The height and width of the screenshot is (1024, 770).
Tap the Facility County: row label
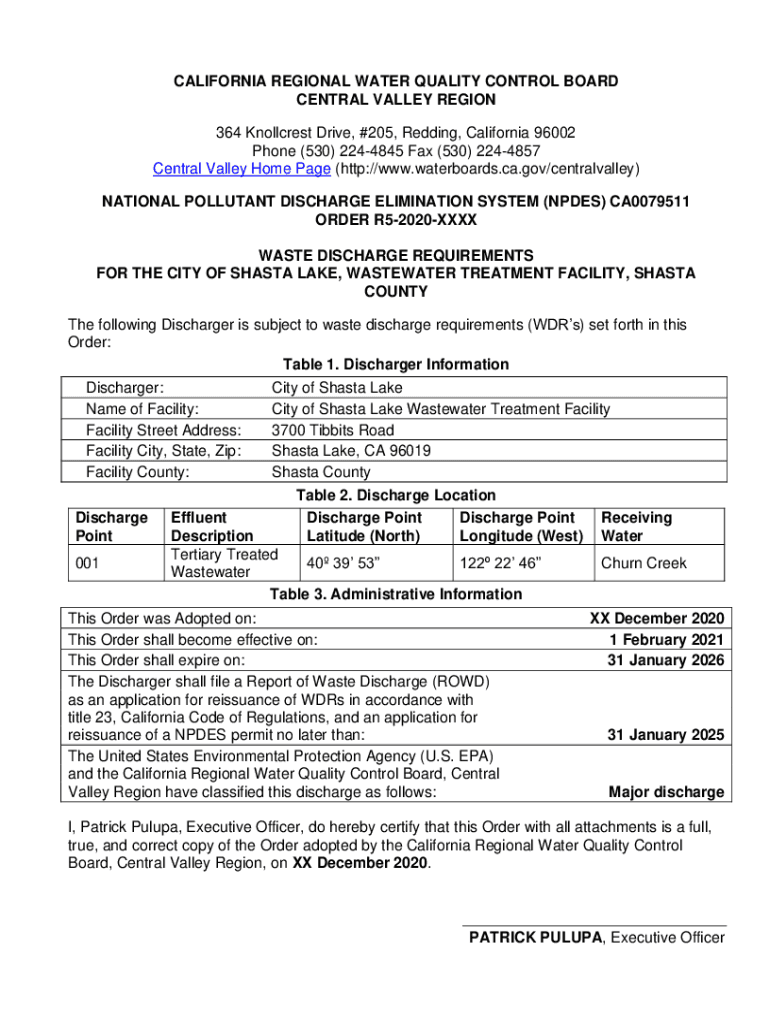138,472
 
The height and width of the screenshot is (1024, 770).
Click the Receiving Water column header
636,527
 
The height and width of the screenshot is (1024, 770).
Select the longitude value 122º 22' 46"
501,563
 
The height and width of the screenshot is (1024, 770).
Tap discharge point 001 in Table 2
88,563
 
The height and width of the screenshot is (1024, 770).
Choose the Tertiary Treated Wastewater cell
224,563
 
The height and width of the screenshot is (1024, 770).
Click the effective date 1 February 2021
666,640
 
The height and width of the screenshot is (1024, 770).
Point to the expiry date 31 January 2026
666,661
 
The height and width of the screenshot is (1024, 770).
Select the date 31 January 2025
666,736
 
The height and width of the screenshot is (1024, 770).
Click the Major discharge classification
666,793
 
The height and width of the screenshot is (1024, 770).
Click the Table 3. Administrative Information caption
395,594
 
